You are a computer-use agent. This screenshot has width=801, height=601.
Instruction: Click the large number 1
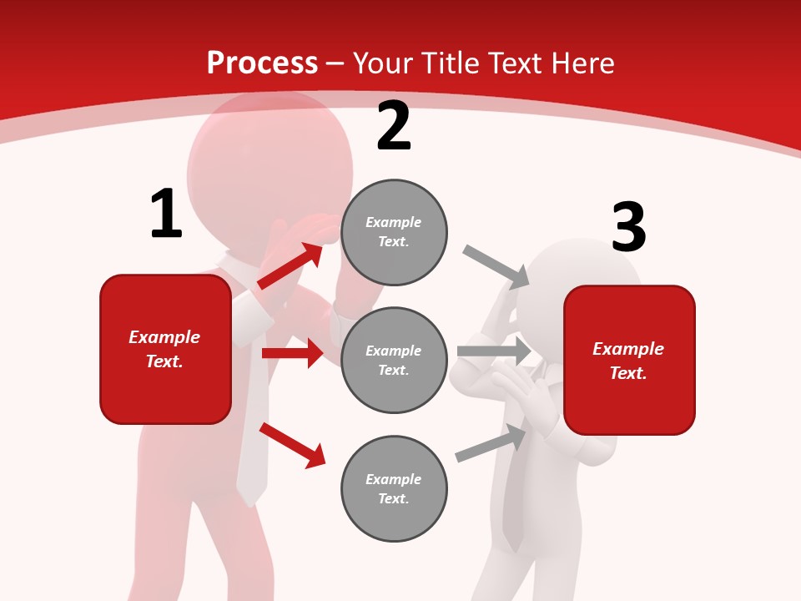(x=166, y=215)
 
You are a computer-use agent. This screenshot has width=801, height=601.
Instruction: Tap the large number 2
(x=394, y=127)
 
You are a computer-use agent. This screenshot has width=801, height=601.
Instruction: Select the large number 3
(x=628, y=228)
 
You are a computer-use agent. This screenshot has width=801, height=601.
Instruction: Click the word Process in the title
(x=262, y=63)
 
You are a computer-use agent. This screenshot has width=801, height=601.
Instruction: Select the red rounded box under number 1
(x=165, y=349)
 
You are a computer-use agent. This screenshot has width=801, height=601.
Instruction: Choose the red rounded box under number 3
(x=629, y=361)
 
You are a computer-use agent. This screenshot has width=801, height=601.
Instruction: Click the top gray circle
(x=394, y=232)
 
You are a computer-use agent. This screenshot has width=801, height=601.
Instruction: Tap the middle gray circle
(x=394, y=360)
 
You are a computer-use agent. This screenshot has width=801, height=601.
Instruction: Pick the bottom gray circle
(x=394, y=488)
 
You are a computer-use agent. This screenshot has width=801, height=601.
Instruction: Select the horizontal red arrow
(x=292, y=353)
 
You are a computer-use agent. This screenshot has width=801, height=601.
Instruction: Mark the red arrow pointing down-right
(x=292, y=445)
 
